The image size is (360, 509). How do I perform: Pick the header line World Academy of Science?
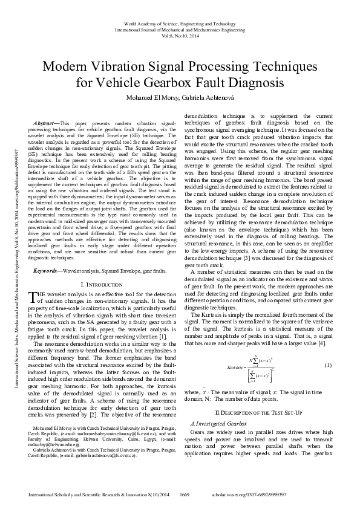coord(180,22)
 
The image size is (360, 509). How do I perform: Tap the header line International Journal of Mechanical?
coord(180,28)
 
